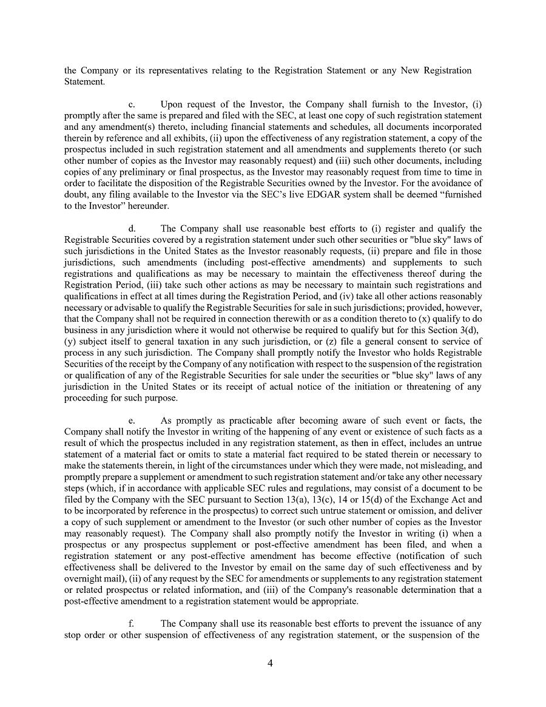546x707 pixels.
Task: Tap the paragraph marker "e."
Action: point(132,421)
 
